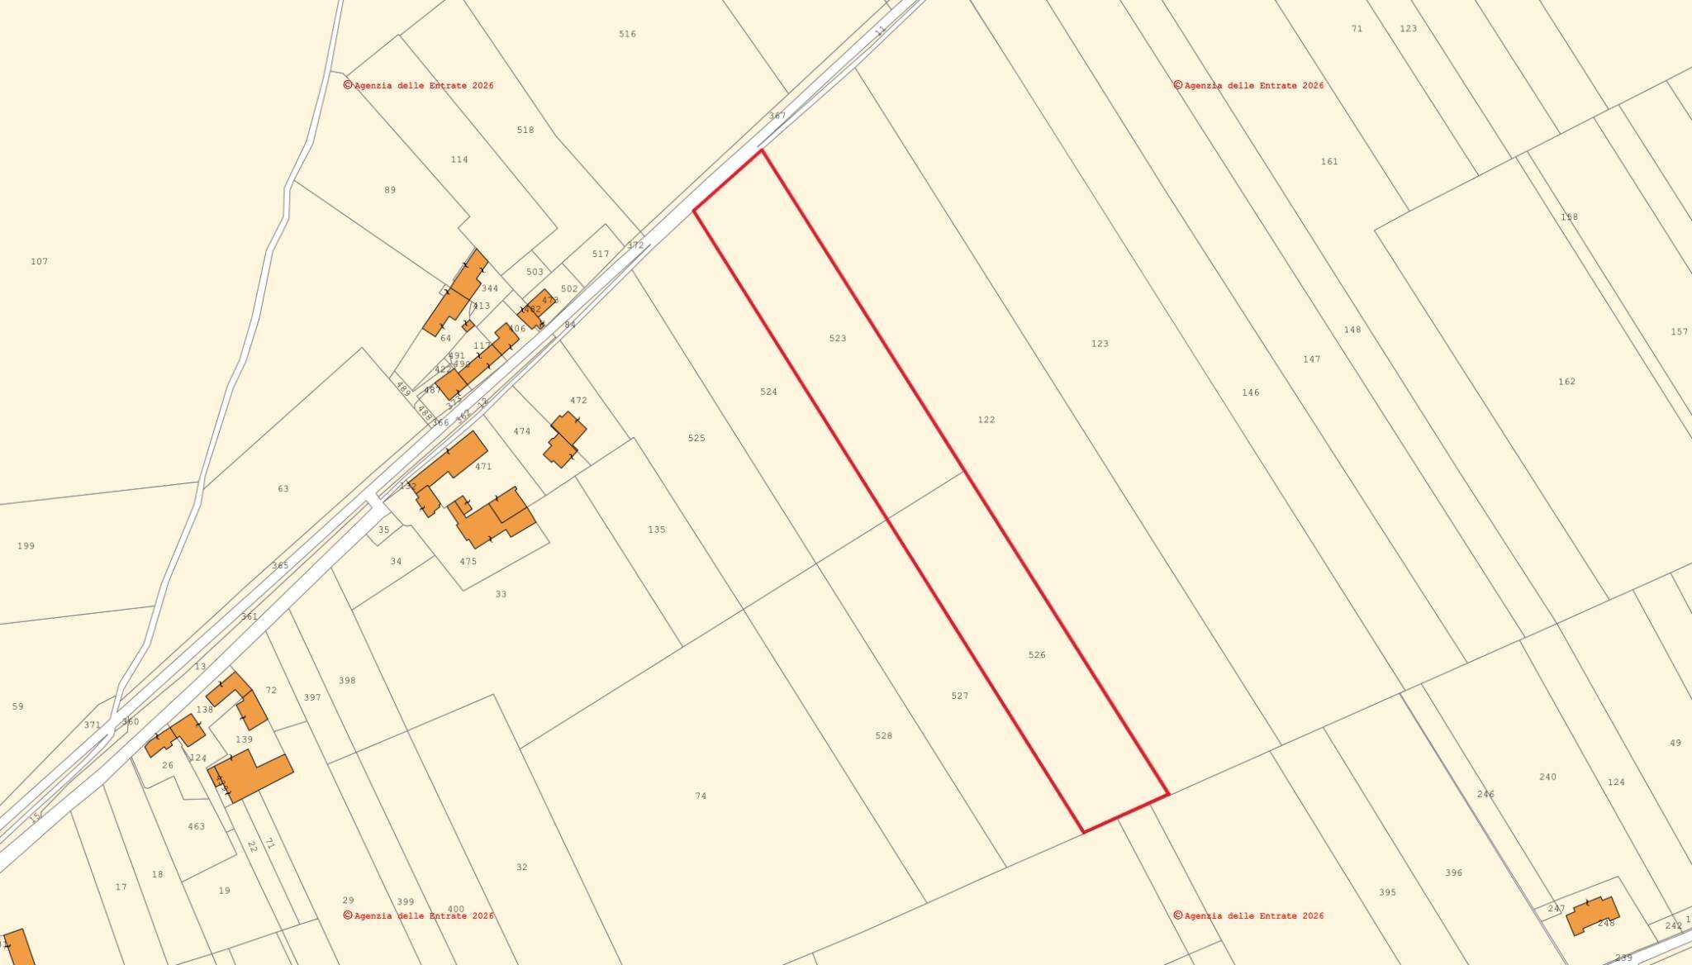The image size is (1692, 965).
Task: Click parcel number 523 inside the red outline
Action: tap(838, 339)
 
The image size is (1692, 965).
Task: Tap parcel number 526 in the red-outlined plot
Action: tap(1037, 655)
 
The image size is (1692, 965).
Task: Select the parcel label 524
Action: tap(768, 392)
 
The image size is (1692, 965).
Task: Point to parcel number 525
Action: tap(696, 438)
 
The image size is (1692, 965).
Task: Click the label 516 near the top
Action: tap(627, 34)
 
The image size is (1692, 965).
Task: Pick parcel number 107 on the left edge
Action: tap(39, 262)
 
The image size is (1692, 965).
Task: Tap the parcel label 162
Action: tap(1566, 382)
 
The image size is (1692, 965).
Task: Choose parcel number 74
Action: tap(701, 796)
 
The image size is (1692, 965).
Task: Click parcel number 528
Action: tap(883, 735)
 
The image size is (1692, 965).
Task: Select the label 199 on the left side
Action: tap(26, 546)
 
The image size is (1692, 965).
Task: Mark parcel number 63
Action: tap(283, 489)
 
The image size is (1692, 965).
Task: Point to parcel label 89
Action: tap(390, 190)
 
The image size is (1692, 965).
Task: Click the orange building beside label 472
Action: tap(565, 440)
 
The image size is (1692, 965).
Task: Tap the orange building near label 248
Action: tap(1591, 915)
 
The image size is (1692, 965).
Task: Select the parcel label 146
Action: tap(1250, 392)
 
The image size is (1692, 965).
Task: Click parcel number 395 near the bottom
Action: tap(1387, 892)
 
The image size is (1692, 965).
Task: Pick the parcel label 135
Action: tap(656, 530)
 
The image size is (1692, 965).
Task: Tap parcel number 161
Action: tap(1328, 162)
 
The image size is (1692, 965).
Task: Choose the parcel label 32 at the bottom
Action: tap(521, 868)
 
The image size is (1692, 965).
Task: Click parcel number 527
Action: tap(959, 696)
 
